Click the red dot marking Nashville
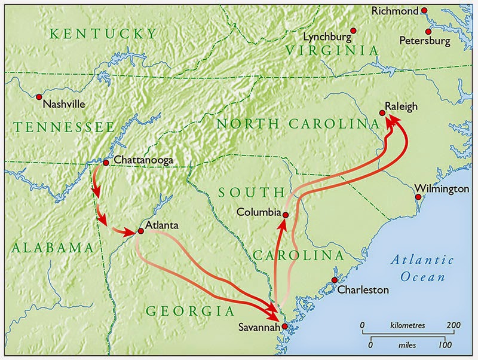tap(39, 96)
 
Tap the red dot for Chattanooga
tap(106, 161)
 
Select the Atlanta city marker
tap(140, 230)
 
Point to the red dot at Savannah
tap(285, 327)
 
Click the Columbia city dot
tap(286, 215)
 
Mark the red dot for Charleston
tap(335, 280)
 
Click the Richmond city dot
tap(424, 10)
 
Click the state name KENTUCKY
tap(103, 33)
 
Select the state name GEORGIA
tap(191, 311)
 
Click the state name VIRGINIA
tap(332, 51)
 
